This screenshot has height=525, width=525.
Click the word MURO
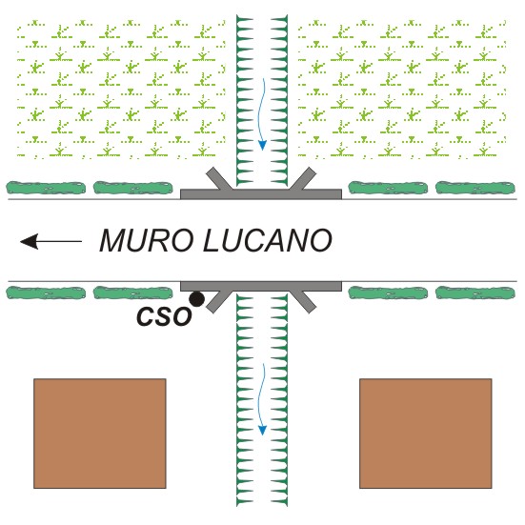tap(148, 240)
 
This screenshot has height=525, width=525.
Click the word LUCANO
tap(268, 240)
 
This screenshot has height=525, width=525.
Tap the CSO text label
tap(165, 316)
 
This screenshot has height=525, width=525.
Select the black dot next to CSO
tap(196, 299)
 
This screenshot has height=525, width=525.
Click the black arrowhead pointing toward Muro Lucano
tap(30, 241)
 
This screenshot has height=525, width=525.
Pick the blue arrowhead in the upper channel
tap(263, 145)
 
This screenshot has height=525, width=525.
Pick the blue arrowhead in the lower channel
tap(263, 431)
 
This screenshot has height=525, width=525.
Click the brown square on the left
tap(100, 434)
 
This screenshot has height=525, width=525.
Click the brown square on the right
tap(426, 434)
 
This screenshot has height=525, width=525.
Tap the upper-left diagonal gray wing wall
tap(219, 179)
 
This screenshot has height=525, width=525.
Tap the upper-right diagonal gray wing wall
tap(303, 179)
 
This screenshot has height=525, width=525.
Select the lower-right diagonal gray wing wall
tap(303, 301)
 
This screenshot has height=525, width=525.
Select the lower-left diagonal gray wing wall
tap(219, 301)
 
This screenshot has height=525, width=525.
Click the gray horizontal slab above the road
tap(261, 194)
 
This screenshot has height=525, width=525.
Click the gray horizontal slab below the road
tap(261, 286)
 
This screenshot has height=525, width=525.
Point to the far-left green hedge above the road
tap(46, 188)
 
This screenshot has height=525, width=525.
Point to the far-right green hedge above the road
tap(475, 188)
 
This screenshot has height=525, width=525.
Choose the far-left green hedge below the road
tap(46, 293)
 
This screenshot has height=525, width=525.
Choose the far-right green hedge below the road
tap(475, 293)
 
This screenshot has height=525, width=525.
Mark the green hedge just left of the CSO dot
tap(133, 293)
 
